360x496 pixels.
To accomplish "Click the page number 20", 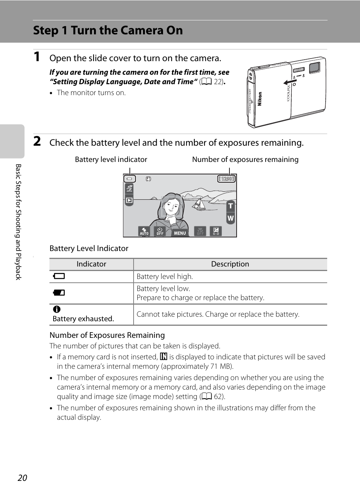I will tap(22, 478).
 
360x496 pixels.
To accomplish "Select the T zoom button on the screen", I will tap(230, 206).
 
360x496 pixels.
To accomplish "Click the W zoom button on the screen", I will tap(230, 218).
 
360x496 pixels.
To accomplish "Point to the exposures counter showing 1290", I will tap(226, 179).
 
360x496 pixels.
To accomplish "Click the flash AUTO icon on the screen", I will tap(144, 231).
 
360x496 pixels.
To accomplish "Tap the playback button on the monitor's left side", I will tap(129, 200).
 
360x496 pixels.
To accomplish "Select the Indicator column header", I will tap(91, 264).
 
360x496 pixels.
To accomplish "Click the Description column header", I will tap(230, 264).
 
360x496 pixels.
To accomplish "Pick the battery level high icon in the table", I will tap(59, 276).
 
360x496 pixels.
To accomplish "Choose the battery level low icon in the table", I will tap(59, 293).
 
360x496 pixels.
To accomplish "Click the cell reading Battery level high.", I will tap(165, 277).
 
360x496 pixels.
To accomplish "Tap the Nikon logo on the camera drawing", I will tap(260, 99).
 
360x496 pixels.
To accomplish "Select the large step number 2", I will tap(37, 141).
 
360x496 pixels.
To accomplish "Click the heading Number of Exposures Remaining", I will tap(107, 335).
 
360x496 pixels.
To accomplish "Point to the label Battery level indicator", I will tap(111, 160).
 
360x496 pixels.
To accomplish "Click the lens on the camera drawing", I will tap(314, 68).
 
